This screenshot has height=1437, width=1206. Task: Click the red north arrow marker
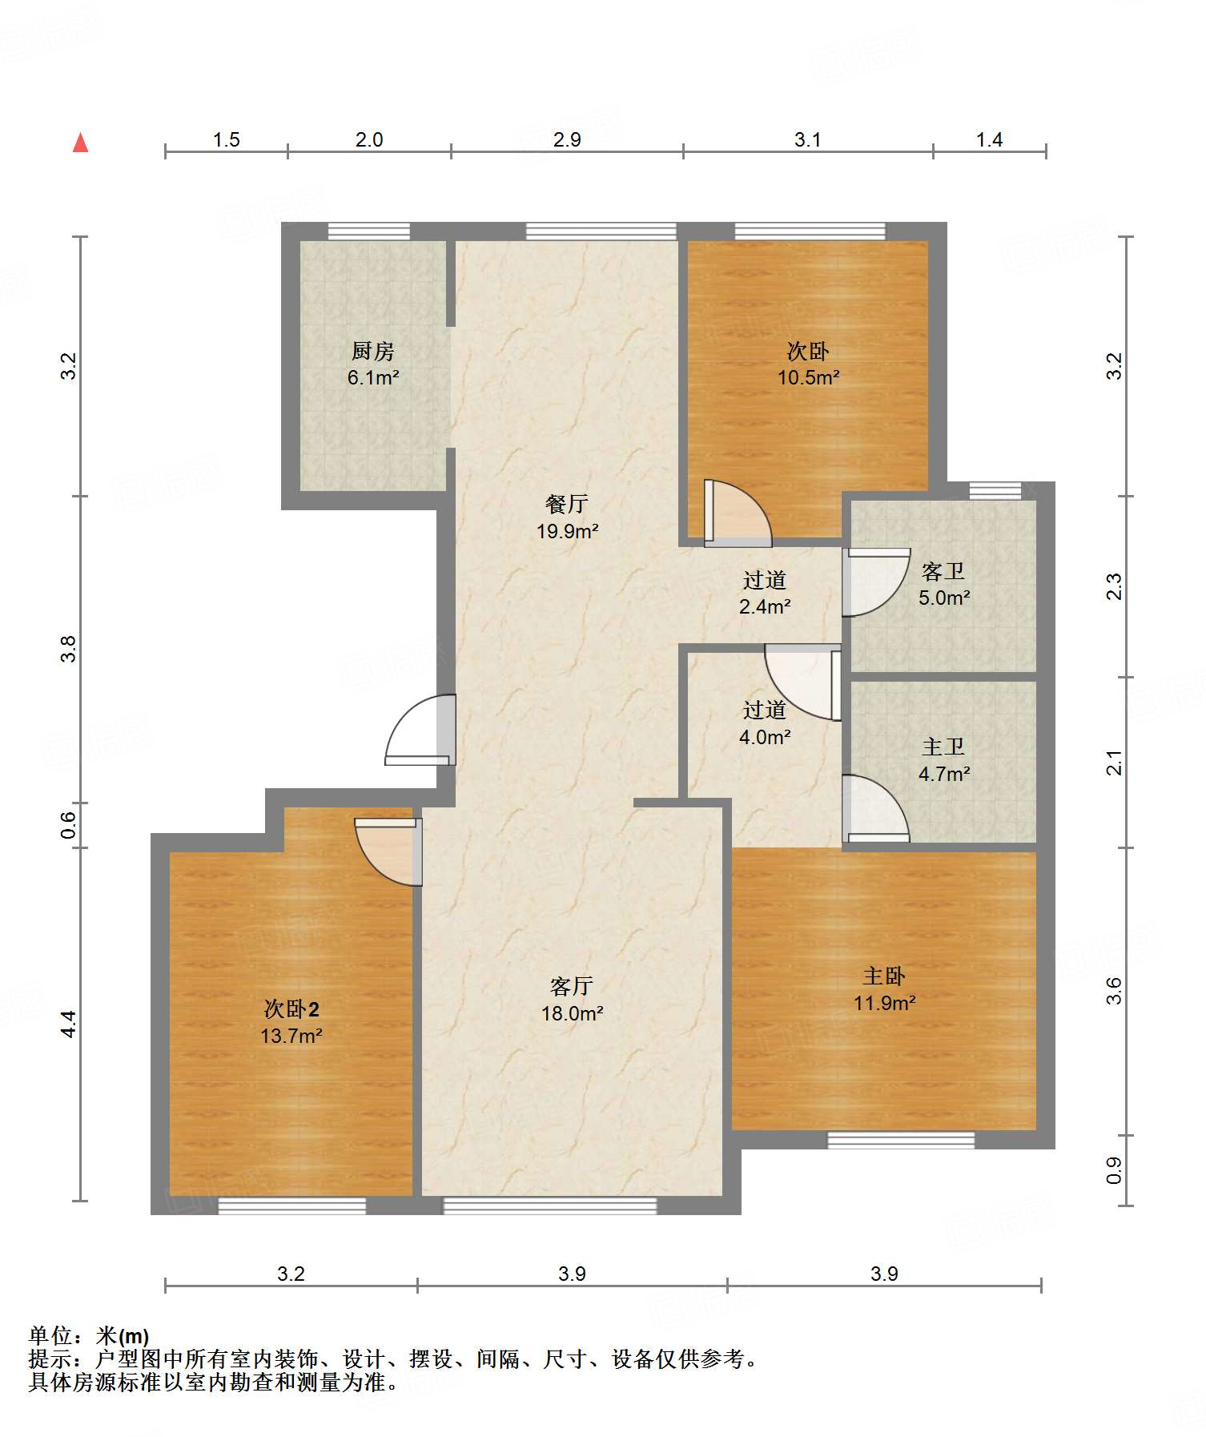point(80,143)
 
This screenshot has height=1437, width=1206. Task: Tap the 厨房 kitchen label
point(373,351)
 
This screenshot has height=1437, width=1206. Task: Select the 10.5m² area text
point(808,377)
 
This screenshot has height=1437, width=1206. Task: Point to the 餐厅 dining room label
point(567,504)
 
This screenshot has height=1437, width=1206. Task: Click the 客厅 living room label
point(572,986)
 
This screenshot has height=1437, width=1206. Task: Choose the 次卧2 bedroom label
point(291,1008)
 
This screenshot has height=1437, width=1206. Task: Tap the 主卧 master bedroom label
point(884,976)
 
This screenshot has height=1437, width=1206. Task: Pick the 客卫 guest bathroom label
point(943,571)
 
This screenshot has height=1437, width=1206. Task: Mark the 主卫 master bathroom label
point(943,747)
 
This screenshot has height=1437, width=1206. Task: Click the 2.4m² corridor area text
point(765,606)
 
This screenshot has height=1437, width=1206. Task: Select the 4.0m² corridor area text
point(765,737)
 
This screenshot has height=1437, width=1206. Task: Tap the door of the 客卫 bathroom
point(876,582)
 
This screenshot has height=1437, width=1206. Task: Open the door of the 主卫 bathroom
point(876,808)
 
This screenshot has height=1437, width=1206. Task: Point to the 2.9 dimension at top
point(567,140)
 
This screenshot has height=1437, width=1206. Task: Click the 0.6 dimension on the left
point(70,825)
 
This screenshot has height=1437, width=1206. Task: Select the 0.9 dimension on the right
point(1114,1170)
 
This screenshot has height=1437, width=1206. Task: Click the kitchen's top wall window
point(369,231)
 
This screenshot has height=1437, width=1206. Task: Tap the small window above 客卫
point(995,490)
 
